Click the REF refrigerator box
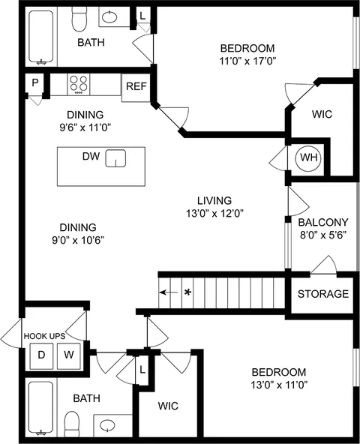[136, 86]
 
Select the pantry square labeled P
[34, 84]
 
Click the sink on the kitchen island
[115, 158]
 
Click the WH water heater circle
[307, 157]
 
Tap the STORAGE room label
[322, 294]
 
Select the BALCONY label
[322, 222]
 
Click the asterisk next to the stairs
[187, 292]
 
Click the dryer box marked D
[42, 354]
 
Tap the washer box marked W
[68, 354]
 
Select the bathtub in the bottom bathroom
[41, 409]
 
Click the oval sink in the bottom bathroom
[109, 425]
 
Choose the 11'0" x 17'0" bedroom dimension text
[247, 61]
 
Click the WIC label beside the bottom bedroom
[169, 406]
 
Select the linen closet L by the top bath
[142, 16]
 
